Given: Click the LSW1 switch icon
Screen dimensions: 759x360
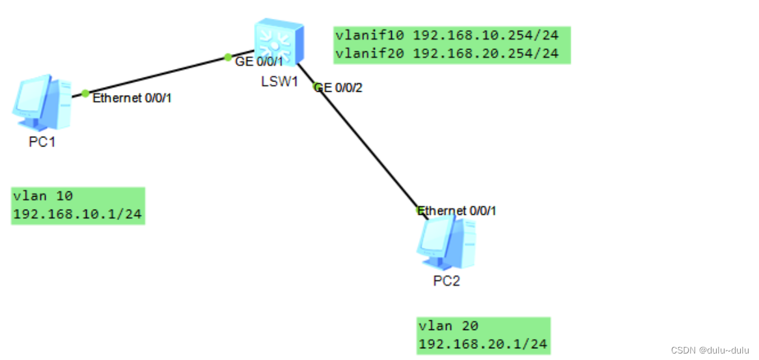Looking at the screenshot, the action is (279, 42).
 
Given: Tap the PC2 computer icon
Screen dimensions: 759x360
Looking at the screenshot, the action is (447, 243).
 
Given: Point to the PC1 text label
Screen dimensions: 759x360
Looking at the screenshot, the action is (42, 143).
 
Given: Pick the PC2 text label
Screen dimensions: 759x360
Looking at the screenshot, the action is (447, 281).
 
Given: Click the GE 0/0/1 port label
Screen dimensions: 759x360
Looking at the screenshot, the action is (259, 62).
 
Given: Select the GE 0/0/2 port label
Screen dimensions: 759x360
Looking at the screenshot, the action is (338, 87).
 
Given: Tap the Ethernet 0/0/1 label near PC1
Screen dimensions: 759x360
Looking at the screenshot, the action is (132, 98).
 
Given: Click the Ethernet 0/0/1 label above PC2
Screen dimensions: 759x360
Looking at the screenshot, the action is (456, 211).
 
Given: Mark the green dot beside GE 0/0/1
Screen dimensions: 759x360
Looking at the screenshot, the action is (228, 57).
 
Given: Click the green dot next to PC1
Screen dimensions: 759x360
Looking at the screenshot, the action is (85, 93).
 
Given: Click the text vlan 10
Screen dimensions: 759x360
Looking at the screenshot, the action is (43, 197).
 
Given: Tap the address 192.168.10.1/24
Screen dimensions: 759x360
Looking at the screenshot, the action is (77, 214).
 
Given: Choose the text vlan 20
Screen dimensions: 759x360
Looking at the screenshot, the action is (448, 326).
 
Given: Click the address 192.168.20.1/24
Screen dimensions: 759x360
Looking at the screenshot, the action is (483, 343).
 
